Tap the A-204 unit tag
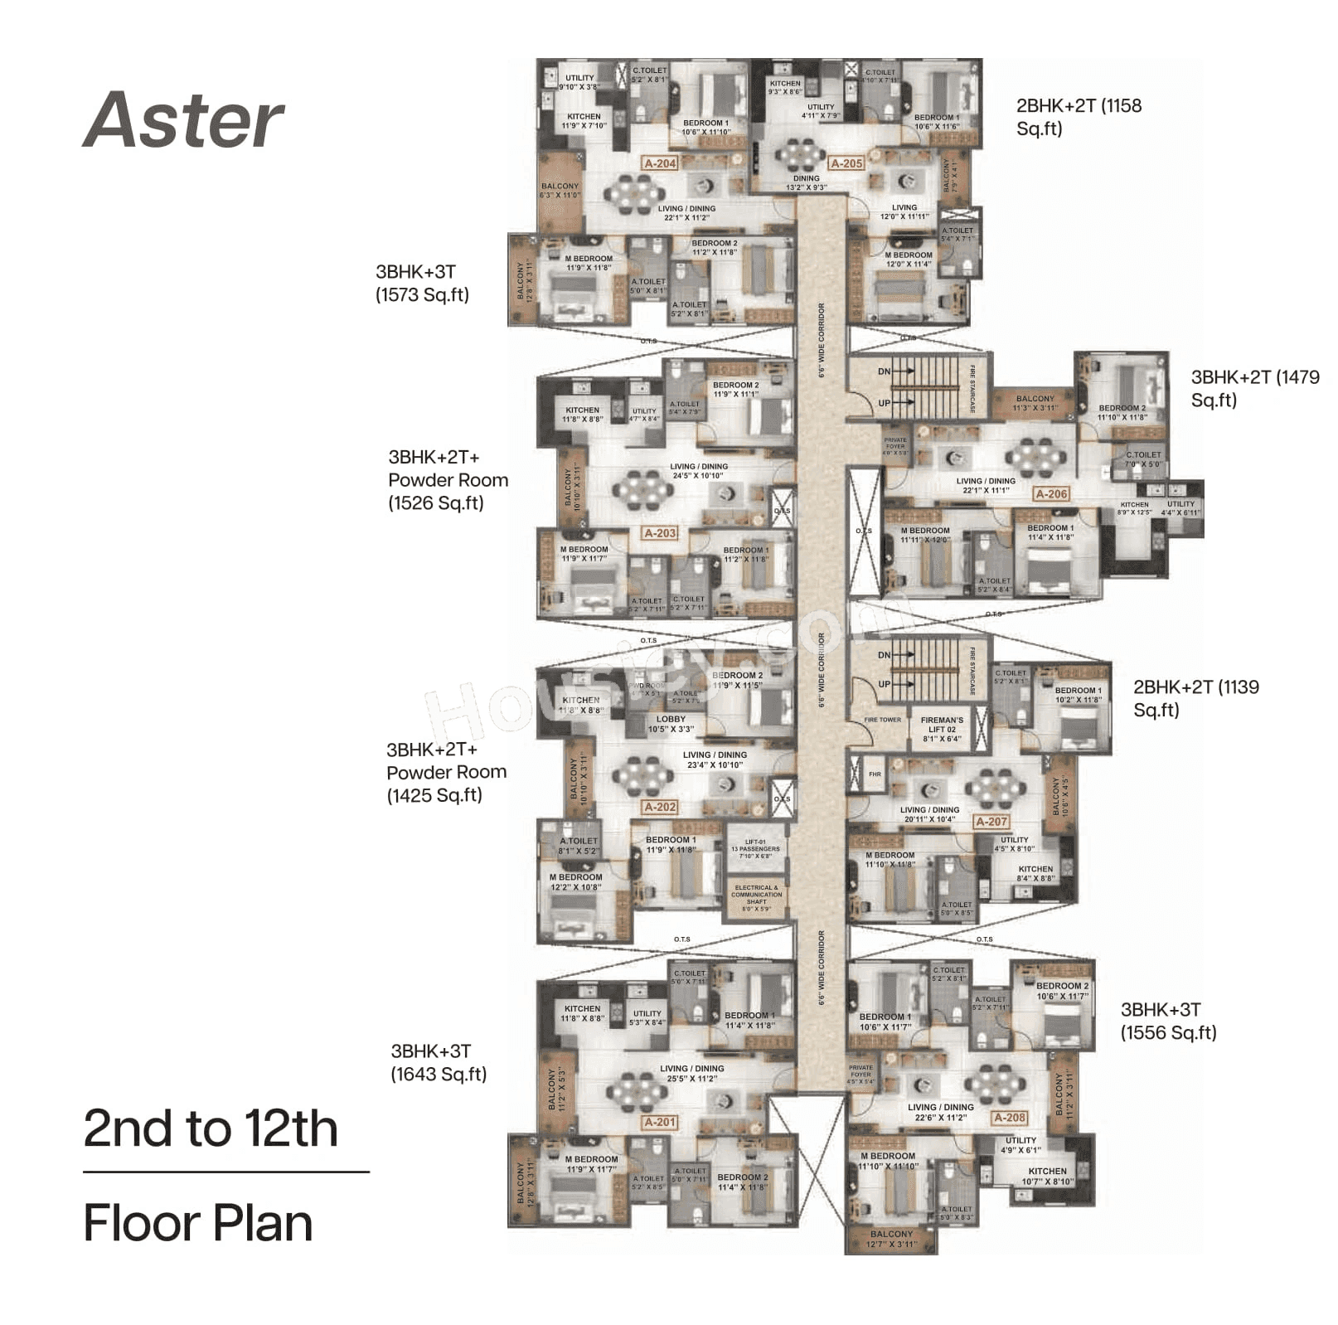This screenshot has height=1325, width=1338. [x=660, y=163]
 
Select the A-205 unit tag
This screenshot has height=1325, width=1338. [x=846, y=163]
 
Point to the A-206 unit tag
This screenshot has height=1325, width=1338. [x=1051, y=493]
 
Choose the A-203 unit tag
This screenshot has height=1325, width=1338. [x=660, y=533]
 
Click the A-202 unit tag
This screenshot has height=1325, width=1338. [x=660, y=806]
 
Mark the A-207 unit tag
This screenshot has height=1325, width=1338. [x=991, y=822]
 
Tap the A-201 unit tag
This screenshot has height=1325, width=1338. [x=660, y=1122]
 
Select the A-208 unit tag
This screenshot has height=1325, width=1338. [x=1009, y=1117]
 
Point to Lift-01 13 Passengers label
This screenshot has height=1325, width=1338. [x=755, y=849]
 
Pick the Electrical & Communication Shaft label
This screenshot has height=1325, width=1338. [x=756, y=898]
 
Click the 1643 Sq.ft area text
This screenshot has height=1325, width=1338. [x=439, y=1074]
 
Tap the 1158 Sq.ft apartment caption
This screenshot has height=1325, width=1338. [x=1078, y=117]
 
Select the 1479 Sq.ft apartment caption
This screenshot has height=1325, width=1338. [x=1254, y=388]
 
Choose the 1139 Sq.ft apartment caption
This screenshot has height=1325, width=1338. [x=1195, y=698]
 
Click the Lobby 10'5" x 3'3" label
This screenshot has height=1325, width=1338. [x=671, y=724]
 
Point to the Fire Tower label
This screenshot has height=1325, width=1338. [x=882, y=720]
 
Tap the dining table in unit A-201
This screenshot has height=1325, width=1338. [x=636, y=1090]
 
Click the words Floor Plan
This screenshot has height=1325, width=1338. [x=198, y=1222]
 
